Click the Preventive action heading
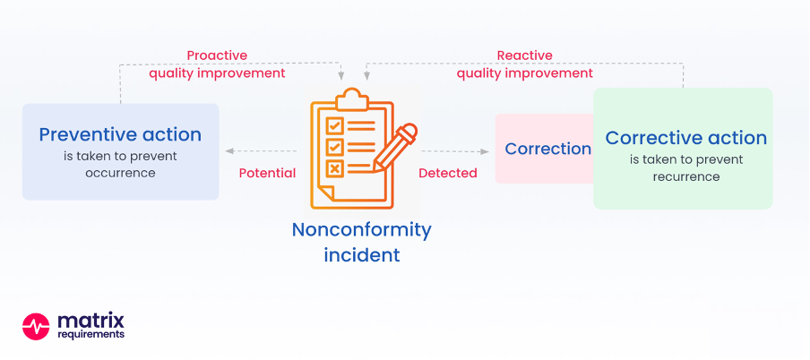120,135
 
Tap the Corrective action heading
686,138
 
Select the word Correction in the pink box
547,149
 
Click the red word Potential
267,173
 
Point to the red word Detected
448,173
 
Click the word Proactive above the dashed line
217,56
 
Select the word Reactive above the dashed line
524,56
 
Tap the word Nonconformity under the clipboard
362,230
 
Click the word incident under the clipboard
362,254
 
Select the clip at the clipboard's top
352,99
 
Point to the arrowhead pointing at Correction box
484,152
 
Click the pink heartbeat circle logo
36,327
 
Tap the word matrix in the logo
90,321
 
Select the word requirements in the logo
90,335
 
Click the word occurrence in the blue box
120,173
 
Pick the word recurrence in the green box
686,176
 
